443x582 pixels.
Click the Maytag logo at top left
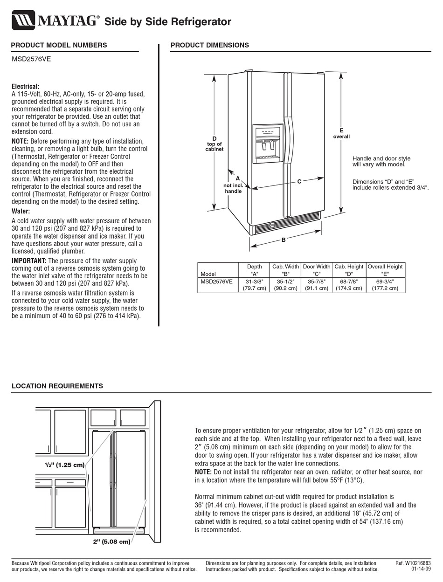[x=55, y=21]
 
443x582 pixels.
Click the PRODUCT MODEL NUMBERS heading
[x=59, y=45]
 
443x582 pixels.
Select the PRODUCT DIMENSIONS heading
[x=209, y=45]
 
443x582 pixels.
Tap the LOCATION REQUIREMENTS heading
[x=57, y=386]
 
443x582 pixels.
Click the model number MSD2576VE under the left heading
[x=31, y=59]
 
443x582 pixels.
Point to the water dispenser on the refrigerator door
[x=268, y=144]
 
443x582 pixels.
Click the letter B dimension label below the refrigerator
[x=283, y=240]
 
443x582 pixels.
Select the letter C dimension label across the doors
[x=299, y=181]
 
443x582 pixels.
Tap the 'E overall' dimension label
[x=341, y=133]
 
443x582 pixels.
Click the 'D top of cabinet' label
[x=215, y=144]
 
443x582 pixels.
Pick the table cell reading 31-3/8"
[x=254, y=281]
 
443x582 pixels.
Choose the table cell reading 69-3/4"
[x=385, y=281]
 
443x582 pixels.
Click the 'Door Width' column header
[x=316, y=267]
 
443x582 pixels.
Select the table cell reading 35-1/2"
[x=285, y=281]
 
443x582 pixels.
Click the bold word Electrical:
[x=25, y=87]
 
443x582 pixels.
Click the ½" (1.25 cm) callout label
[x=64, y=465]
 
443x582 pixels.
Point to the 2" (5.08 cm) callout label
[x=111, y=542]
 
